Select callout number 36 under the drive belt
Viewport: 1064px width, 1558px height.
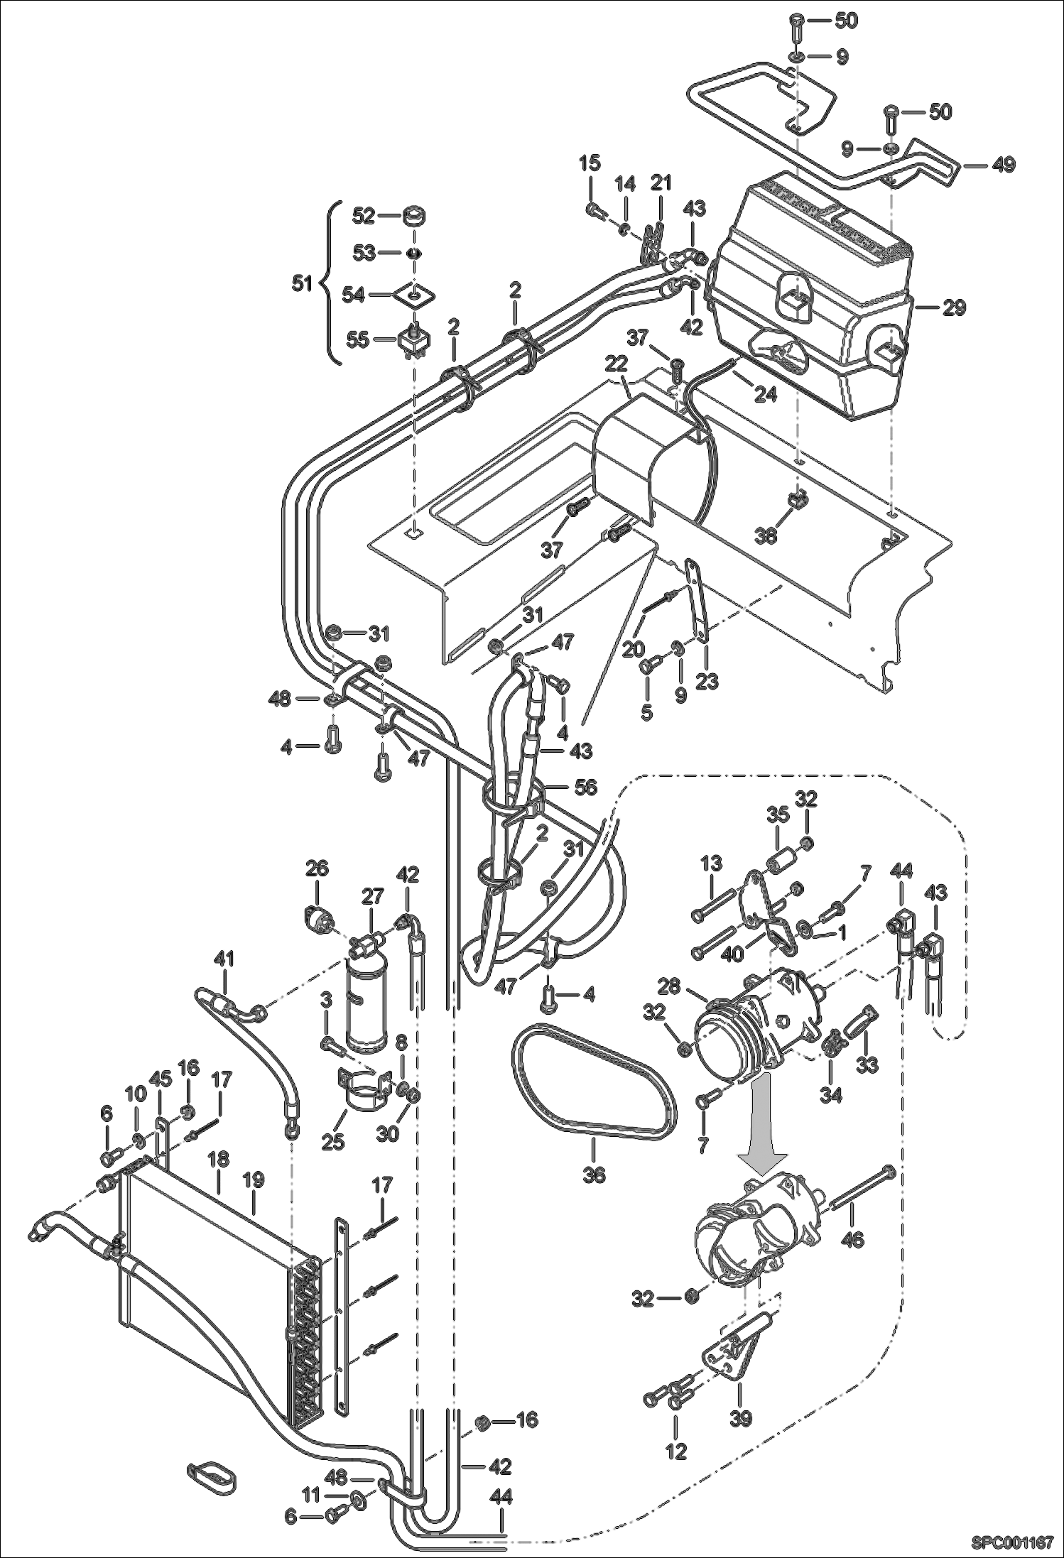point(594,1175)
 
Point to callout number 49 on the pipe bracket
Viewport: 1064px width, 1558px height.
point(1003,165)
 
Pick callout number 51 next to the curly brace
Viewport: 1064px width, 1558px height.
point(303,283)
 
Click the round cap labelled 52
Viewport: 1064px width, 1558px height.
point(413,216)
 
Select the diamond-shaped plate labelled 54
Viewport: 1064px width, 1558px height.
point(414,293)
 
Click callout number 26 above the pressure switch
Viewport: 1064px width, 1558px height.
point(317,868)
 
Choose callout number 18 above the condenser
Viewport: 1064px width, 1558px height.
point(217,1159)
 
